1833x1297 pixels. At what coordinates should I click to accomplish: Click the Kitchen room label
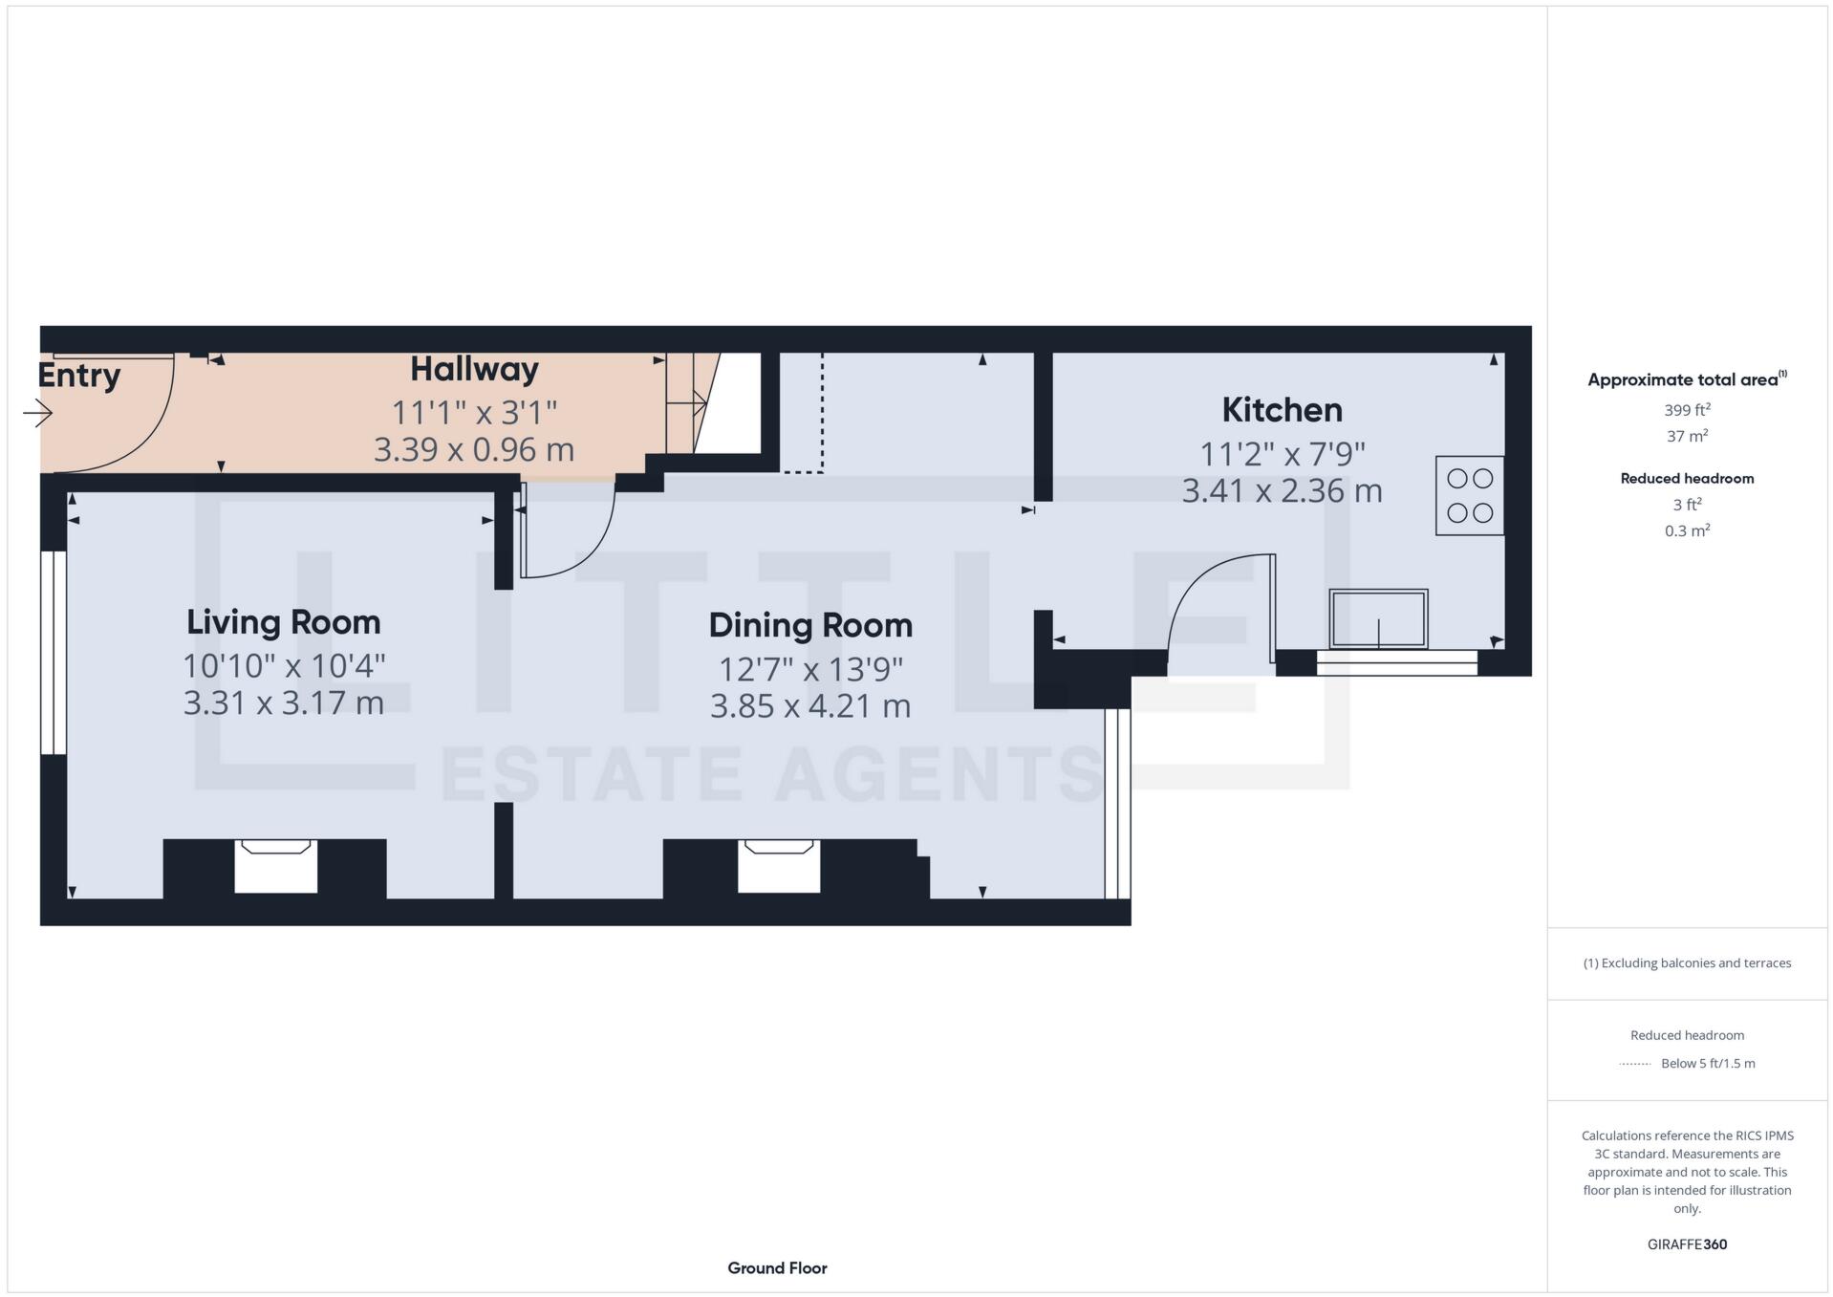(x=1282, y=410)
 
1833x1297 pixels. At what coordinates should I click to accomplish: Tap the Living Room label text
(x=283, y=622)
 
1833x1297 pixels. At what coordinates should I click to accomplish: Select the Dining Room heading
(x=810, y=625)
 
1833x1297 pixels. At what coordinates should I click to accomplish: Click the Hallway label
(x=474, y=369)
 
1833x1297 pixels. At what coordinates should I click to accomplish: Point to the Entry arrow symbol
(x=38, y=413)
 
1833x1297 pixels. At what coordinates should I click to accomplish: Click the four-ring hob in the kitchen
(x=1469, y=495)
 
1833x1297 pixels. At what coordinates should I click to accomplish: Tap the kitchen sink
(x=1378, y=618)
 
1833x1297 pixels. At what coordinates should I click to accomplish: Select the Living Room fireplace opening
(x=275, y=867)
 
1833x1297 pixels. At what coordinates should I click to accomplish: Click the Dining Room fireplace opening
(x=779, y=867)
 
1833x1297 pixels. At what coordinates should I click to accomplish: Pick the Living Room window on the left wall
(x=54, y=652)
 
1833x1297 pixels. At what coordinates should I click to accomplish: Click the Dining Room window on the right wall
(x=1117, y=803)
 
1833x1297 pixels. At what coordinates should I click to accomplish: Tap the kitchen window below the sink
(x=1396, y=662)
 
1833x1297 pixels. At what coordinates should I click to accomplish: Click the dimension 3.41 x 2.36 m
(x=1282, y=490)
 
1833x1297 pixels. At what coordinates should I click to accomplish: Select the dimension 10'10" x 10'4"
(x=283, y=665)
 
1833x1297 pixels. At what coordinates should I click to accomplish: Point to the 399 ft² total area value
(x=1687, y=410)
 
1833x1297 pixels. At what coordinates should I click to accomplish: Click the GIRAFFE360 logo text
(x=1687, y=1244)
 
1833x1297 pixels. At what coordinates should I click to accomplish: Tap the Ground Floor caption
(x=777, y=1268)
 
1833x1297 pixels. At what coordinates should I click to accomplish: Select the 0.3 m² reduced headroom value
(x=1687, y=530)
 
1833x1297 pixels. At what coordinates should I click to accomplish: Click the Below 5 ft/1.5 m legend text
(x=1708, y=1063)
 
